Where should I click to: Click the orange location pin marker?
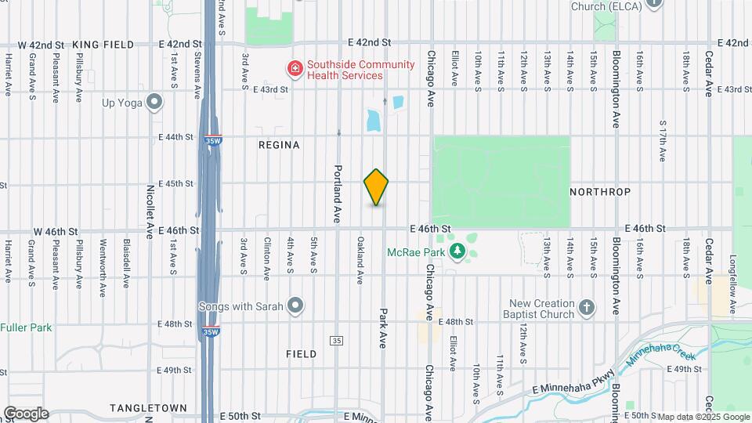tap(377, 187)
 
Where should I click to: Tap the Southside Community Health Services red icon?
tap(295, 69)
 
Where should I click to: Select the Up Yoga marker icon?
tap(154, 101)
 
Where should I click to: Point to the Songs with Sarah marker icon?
tap(295, 305)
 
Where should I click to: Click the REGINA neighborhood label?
tap(279, 145)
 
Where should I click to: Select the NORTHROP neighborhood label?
tap(600, 192)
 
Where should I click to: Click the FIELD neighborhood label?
tap(301, 354)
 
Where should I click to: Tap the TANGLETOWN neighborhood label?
tap(148, 408)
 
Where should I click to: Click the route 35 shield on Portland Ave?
tap(337, 341)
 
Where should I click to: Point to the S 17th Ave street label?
tap(663, 141)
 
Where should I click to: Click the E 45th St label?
tap(175, 184)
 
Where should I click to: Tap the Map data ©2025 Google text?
tap(703, 417)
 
